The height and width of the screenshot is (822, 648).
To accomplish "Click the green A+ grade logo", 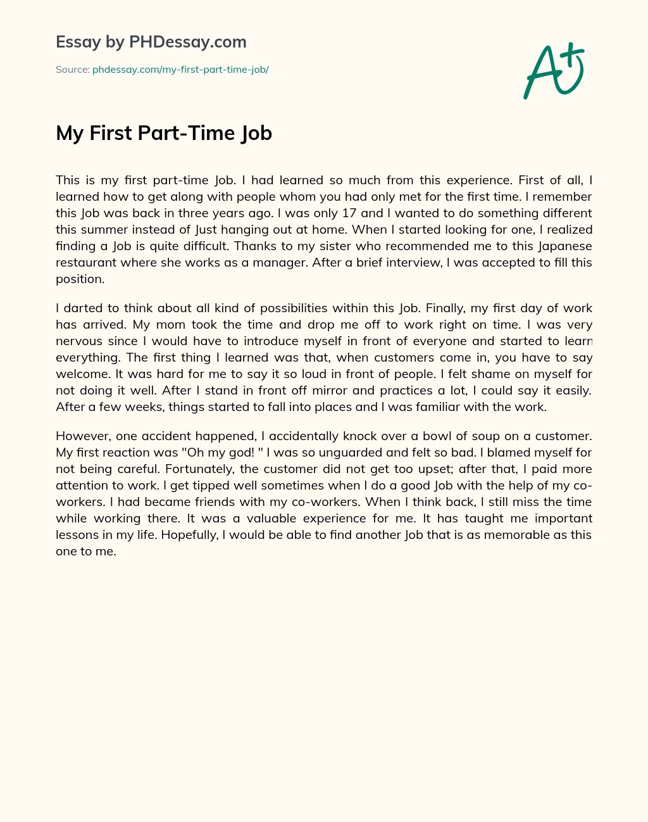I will (554, 70).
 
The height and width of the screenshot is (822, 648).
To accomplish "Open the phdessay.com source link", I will (180, 70).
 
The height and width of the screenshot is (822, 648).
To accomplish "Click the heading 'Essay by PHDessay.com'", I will (151, 42).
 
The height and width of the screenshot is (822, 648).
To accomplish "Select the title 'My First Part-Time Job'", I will (164, 133).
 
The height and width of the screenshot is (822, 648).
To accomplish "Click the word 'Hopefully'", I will (192, 535).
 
